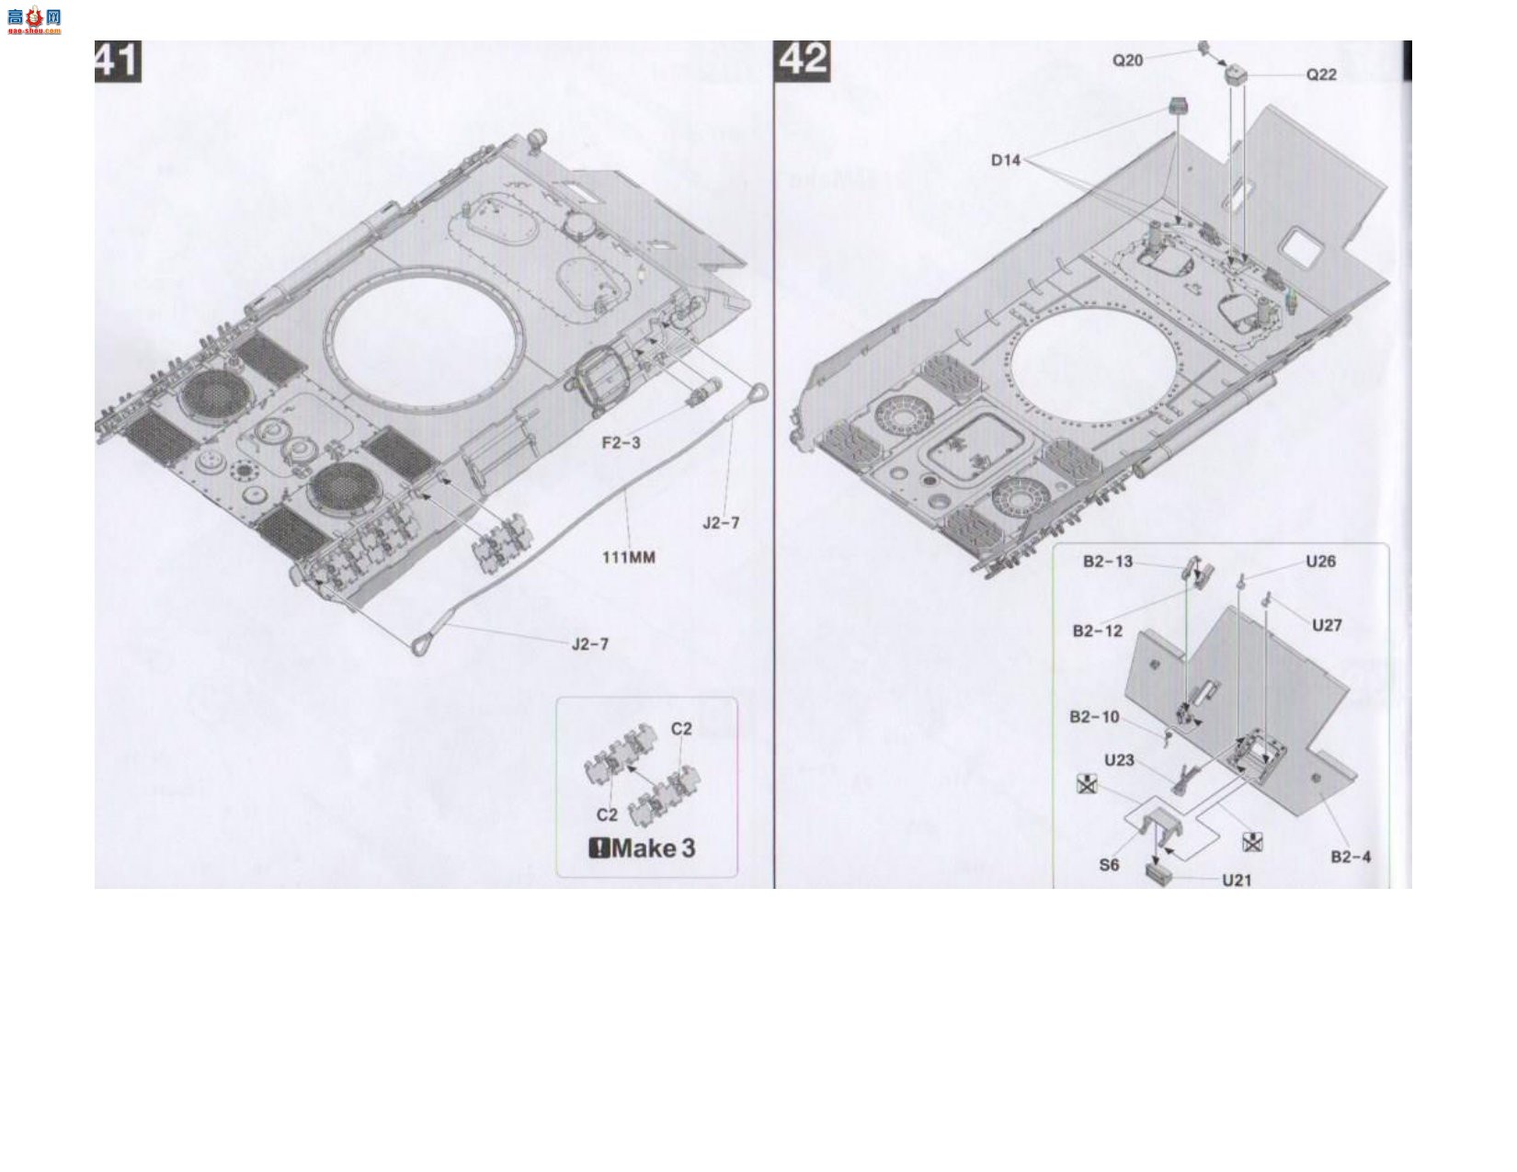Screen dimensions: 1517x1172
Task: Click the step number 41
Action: point(118,61)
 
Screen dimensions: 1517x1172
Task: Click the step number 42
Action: point(802,61)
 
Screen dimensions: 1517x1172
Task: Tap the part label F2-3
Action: point(621,442)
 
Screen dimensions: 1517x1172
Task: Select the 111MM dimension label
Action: point(628,557)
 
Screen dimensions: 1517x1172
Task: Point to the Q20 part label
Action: point(1127,61)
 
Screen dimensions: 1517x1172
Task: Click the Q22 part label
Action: point(1321,74)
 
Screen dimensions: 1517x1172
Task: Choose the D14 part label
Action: point(1005,161)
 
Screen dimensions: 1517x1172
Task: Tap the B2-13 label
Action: point(1107,562)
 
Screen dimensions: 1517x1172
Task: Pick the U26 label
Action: point(1320,562)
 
